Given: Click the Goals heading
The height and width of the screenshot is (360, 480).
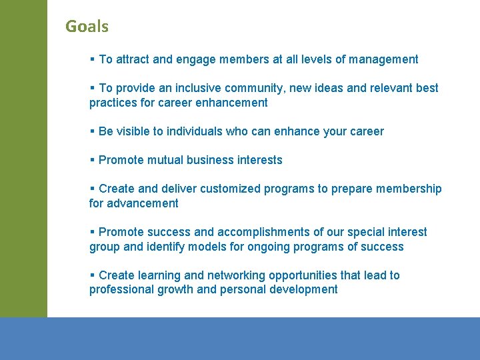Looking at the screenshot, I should tap(87, 27).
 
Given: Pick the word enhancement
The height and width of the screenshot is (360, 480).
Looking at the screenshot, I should tap(231, 103).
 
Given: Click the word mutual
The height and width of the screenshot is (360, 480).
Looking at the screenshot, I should tap(165, 160).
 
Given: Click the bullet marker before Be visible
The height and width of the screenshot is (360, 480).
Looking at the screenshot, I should tap(92, 131).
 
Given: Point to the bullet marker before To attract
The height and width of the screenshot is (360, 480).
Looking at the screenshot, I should tap(92, 59).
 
